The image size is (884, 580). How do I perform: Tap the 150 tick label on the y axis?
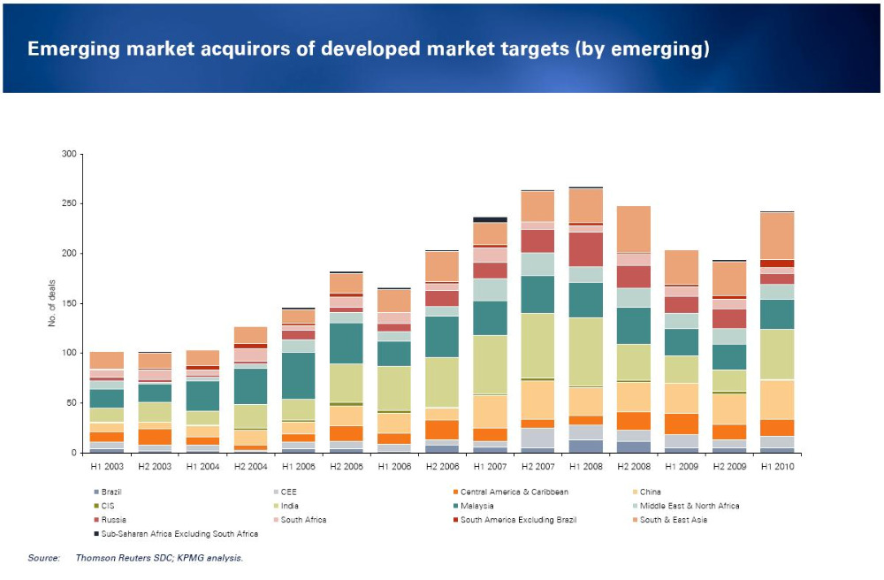coord(68,304)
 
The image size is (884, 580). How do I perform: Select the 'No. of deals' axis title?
coord(50,303)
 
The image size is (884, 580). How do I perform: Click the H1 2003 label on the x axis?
coord(107,465)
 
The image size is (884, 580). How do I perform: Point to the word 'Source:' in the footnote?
coord(43,558)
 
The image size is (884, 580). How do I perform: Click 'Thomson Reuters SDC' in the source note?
coord(119,558)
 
